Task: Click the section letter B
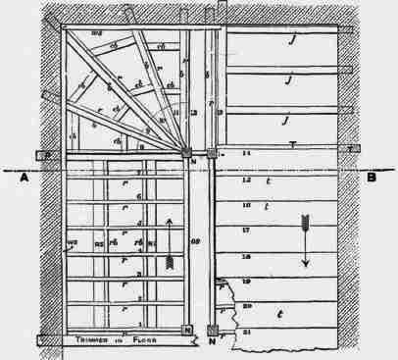(373, 178)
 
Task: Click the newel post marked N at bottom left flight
(187, 332)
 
